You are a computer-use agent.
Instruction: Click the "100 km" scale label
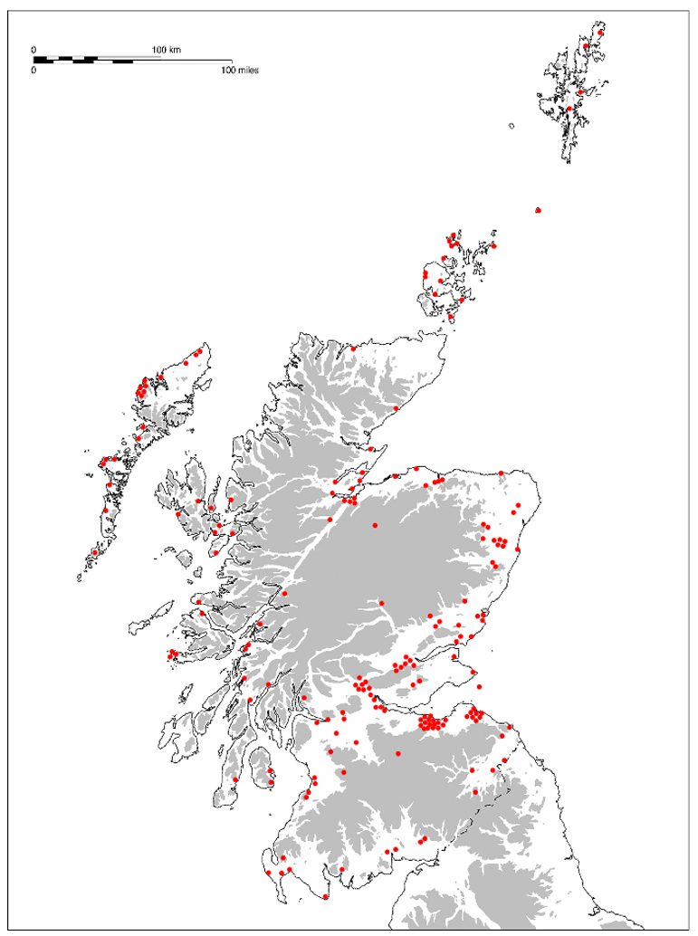click(166, 49)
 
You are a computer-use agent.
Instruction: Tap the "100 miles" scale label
click(240, 69)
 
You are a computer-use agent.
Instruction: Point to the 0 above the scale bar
click(33, 49)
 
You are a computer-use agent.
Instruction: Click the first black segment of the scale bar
click(40, 60)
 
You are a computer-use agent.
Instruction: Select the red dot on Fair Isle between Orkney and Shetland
click(539, 210)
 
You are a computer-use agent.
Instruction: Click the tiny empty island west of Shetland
click(512, 127)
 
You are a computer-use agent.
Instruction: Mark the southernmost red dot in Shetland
click(569, 110)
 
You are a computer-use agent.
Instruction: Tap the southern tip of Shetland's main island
click(567, 160)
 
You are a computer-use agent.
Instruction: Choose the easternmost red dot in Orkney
click(494, 244)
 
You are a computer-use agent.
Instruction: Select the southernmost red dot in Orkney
click(451, 317)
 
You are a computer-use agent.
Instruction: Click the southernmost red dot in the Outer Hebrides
click(94, 552)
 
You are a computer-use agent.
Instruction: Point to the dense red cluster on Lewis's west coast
click(141, 389)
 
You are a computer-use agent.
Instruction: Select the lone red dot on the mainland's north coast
click(353, 347)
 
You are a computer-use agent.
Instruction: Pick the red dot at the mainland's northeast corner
click(502, 472)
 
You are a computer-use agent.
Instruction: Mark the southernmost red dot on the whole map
click(326, 896)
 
